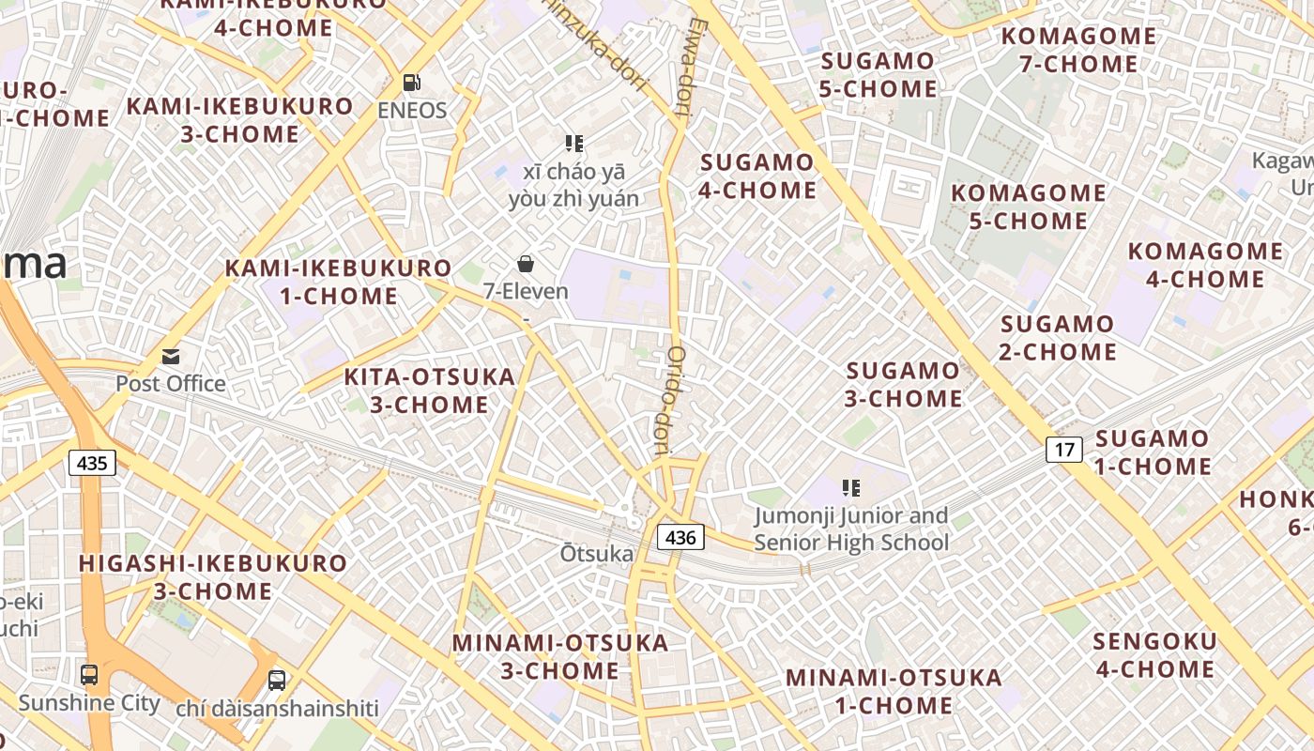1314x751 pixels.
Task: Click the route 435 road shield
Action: coord(92,462)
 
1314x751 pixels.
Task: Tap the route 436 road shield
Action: coord(680,537)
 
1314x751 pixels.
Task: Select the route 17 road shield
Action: coord(1064,450)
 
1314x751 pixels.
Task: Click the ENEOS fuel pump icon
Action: coord(412,83)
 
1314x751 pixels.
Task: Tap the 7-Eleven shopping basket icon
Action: coord(526,264)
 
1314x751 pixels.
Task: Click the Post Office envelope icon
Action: coord(171,357)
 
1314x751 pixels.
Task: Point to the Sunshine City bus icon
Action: coord(89,674)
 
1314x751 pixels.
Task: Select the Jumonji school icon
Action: coord(851,488)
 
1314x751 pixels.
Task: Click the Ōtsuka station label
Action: coord(597,554)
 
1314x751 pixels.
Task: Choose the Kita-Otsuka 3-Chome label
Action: coord(430,391)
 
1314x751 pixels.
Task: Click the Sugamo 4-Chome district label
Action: coord(757,176)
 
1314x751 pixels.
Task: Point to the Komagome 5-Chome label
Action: coord(1029,207)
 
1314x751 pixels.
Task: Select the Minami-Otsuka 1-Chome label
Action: coord(894,691)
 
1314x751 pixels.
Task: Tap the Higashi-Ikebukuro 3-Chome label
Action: coord(212,577)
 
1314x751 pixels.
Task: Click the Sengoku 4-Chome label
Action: coord(1154,655)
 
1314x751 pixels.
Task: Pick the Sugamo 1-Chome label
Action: coord(1153,452)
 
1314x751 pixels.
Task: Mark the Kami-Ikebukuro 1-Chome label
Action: coord(338,283)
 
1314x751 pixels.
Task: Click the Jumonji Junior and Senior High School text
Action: coord(851,529)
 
